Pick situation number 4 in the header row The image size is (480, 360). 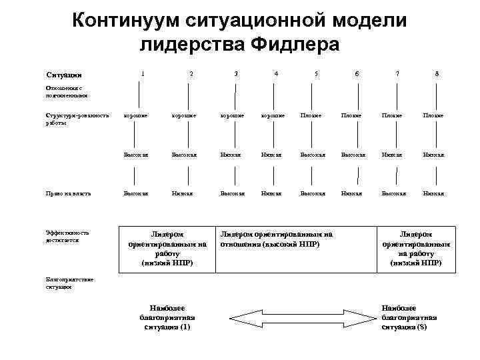point(276,73)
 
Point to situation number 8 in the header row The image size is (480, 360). point(437,73)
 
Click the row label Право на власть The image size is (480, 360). point(68,193)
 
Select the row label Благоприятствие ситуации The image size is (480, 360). point(70,283)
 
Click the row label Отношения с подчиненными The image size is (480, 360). point(67,91)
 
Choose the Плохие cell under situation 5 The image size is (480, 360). point(313,115)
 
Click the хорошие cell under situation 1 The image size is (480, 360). point(136,115)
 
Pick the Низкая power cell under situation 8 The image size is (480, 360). point(433,193)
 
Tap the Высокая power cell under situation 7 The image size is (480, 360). point(393,193)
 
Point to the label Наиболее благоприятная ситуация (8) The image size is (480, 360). point(409,317)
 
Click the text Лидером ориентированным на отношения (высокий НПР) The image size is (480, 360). point(277,239)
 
